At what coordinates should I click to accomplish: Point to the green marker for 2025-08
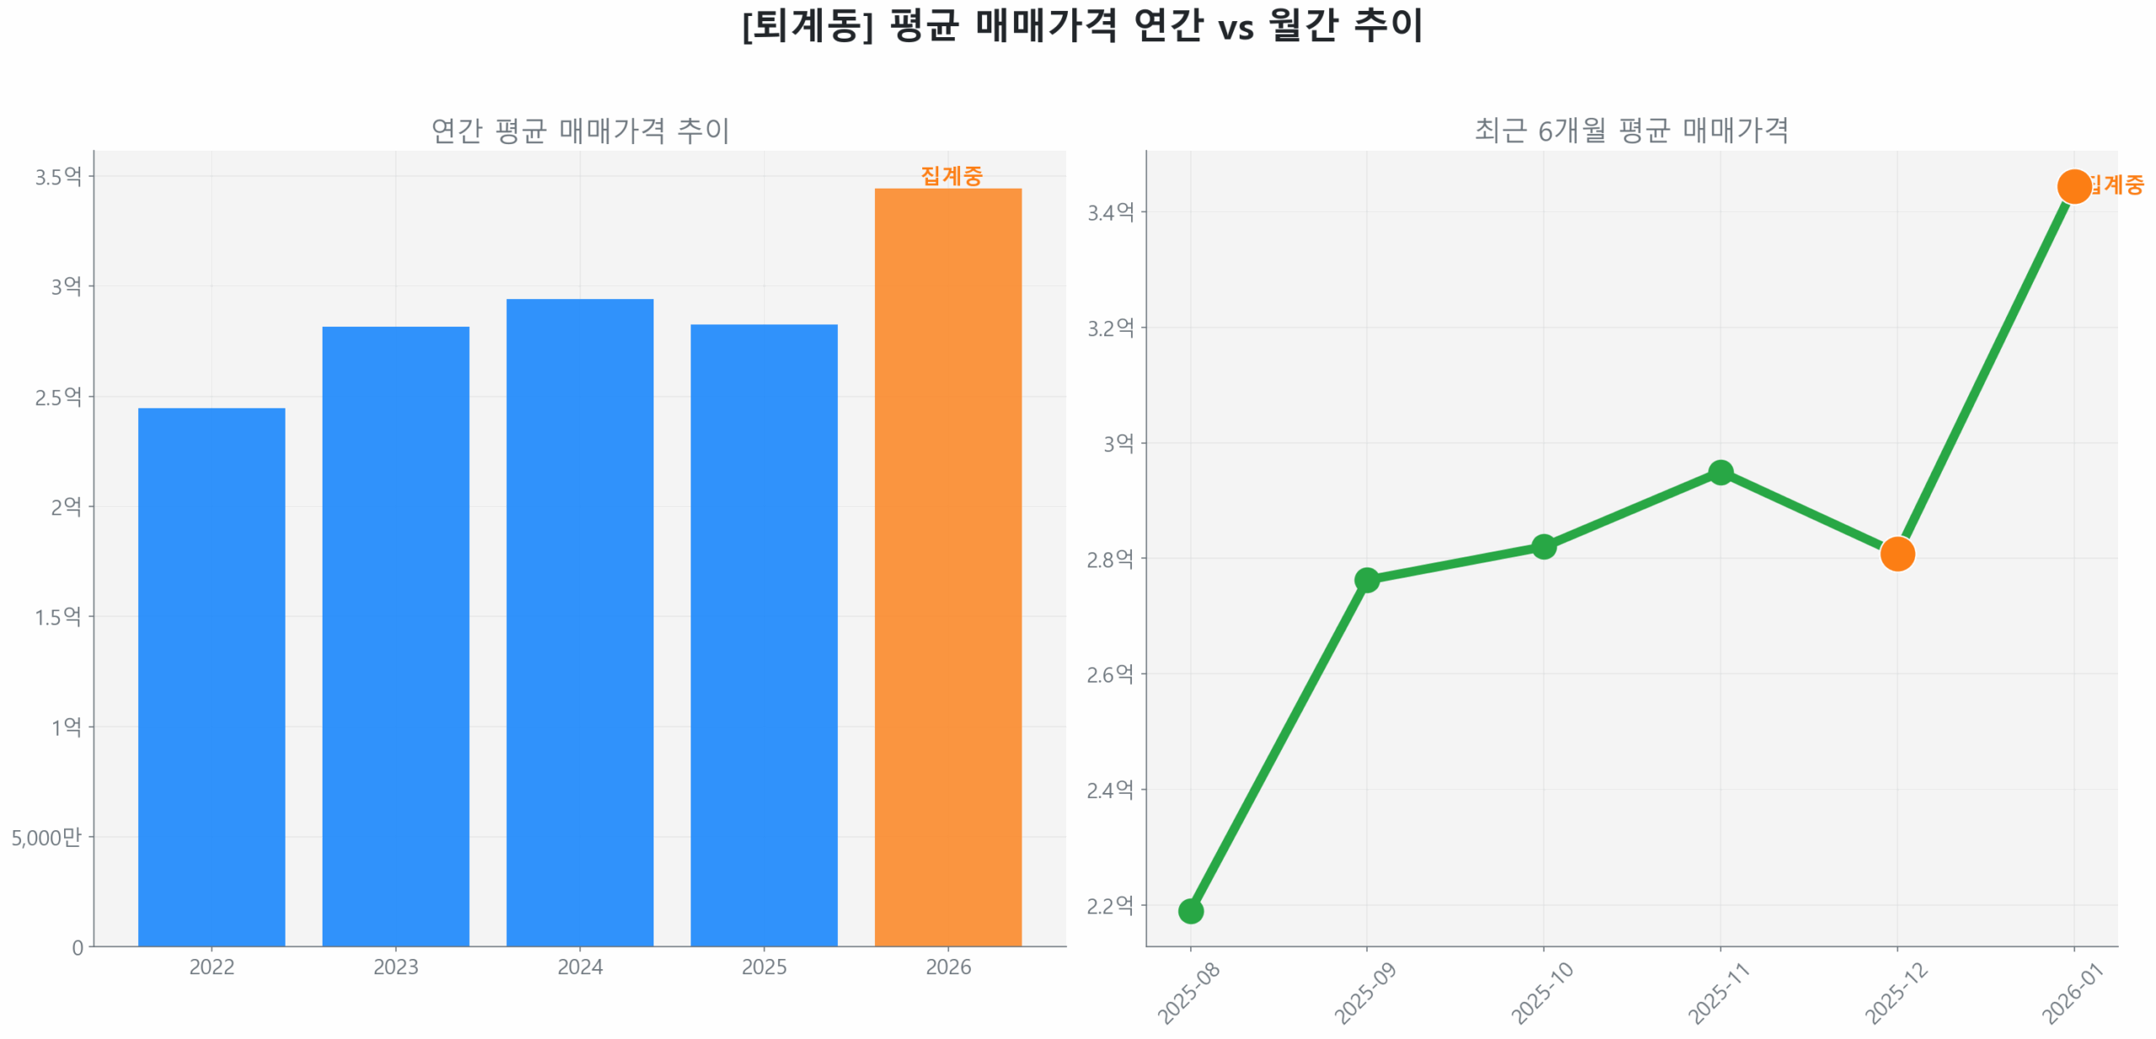coord(1190,910)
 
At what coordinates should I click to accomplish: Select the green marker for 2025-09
coord(1366,579)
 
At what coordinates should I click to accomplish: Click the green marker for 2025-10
coord(1543,546)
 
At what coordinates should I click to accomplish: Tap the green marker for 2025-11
coord(1720,472)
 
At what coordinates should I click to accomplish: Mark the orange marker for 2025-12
coord(1897,553)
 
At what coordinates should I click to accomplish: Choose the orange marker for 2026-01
coord(2073,186)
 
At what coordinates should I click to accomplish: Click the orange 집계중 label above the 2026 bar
coord(951,175)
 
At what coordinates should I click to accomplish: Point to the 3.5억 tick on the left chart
coord(58,176)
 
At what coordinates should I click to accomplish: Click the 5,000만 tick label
coord(46,836)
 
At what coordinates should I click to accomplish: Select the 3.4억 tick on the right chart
coord(1110,212)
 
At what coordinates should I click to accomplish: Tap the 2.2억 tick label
coord(1110,906)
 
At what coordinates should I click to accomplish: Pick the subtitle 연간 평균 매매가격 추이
coord(579,131)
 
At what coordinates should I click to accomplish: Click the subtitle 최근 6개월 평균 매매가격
coord(1630,131)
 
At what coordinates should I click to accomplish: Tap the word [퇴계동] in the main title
coord(807,25)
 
